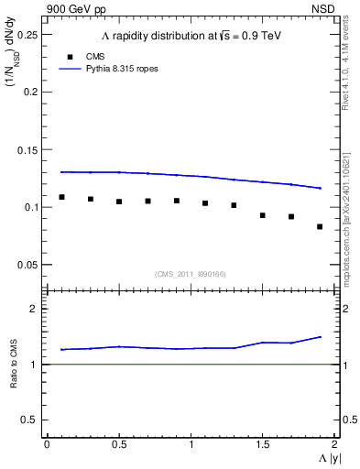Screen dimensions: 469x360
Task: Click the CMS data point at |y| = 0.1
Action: tap(61, 197)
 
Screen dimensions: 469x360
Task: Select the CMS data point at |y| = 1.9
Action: tap(320, 226)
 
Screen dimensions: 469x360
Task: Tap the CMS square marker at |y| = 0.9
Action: tap(177, 201)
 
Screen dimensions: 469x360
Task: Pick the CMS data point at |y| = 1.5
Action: tap(263, 215)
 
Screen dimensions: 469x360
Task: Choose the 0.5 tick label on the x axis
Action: tap(118, 444)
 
